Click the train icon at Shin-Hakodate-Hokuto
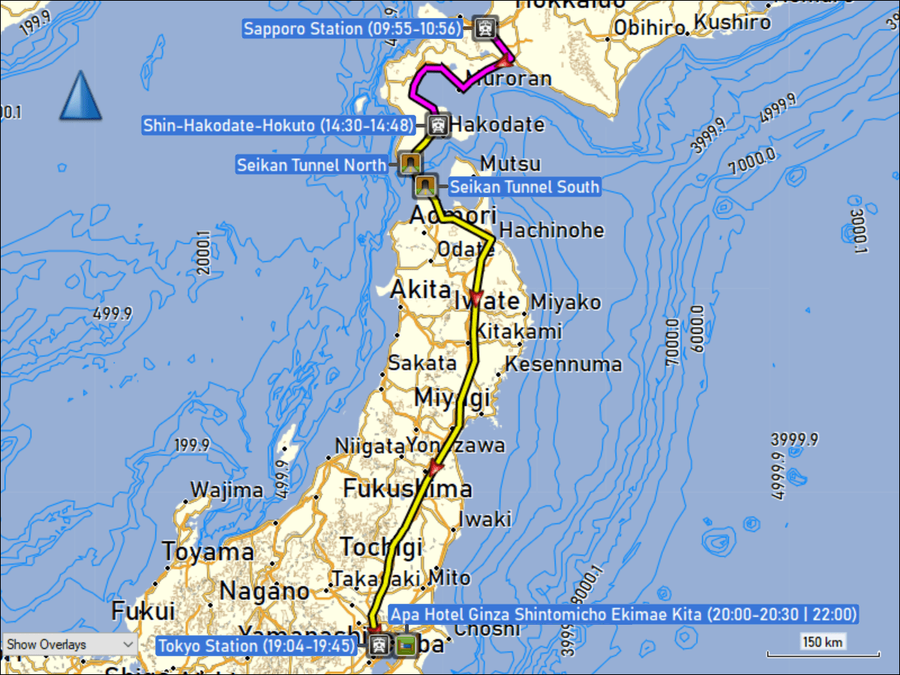pyautogui.click(x=439, y=125)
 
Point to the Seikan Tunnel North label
pyautogui.click(x=312, y=164)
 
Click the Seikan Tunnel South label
pyautogui.click(x=524, y=187)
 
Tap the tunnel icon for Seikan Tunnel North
pyautogui.click(x=409, y=163)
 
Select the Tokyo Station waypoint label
pyautogui.click(x=256, y=644)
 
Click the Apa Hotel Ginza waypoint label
pyautogui.click(x=624, y=615)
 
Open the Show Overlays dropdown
pyautogui.click(x=69, y=644)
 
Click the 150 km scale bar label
pyautogui.click(x=823, y=642)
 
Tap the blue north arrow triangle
pyautogui.click(x=81, y=96)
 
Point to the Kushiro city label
pyautogui.click(x=731, y=22)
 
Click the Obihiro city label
pyautogui.click(x=649, y=28)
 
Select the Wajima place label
pyautogui.click(x=226, y=490)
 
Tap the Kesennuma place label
pyautogui.click(x=563, y=364)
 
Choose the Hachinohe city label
pyautogui.click(x=551, y=229)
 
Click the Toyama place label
pyautogui.click(x=208, y=553)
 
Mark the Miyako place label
pyautogui.click(x=565, y=302)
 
